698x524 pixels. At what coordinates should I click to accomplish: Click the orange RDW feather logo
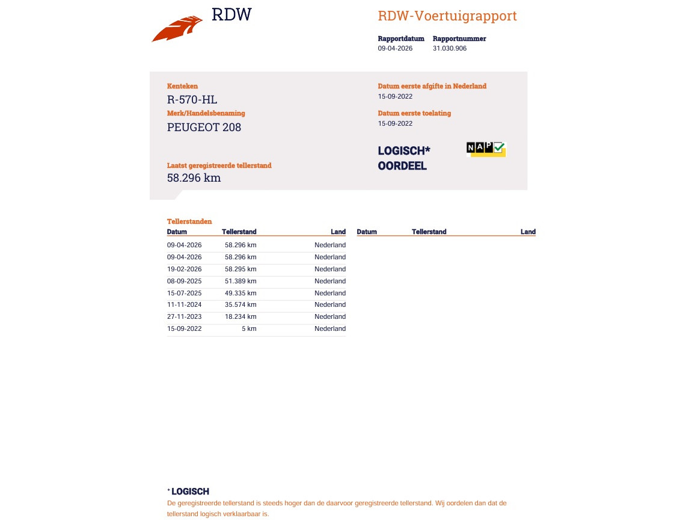tap(177, 29)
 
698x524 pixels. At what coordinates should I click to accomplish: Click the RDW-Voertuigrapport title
tap(447, 16)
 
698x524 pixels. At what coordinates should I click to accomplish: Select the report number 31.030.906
tap(449, 49)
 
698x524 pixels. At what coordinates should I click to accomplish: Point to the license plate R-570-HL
tap(192, 100)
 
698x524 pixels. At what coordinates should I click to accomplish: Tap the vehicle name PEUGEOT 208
tap(204, 128)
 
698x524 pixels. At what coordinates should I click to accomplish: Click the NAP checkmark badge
tap(486, 149)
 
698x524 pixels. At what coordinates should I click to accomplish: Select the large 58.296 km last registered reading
tap(194, 178)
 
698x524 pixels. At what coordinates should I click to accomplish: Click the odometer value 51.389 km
tap(240, 281)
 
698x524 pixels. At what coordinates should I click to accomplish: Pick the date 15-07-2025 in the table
tap(184, 293)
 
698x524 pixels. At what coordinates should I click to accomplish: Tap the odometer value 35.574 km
tap(240, 305)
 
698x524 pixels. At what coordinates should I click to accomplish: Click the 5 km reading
tap(249, 329)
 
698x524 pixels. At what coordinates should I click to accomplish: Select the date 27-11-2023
tap(184, 317)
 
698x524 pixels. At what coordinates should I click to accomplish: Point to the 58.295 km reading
tap(240, 269)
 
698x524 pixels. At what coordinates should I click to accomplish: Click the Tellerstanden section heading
tap(189, 221)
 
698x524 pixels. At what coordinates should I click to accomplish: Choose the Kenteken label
tap(182, 86)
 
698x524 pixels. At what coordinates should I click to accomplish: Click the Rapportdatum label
tap(401, 39)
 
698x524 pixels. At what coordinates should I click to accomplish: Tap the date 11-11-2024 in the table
tap(184, 305)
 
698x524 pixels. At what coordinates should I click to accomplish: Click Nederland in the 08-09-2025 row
tap(330, 281)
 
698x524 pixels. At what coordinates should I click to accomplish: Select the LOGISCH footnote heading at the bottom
tap(190, 492)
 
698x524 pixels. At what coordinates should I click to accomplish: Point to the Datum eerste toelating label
tap(414, 113)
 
